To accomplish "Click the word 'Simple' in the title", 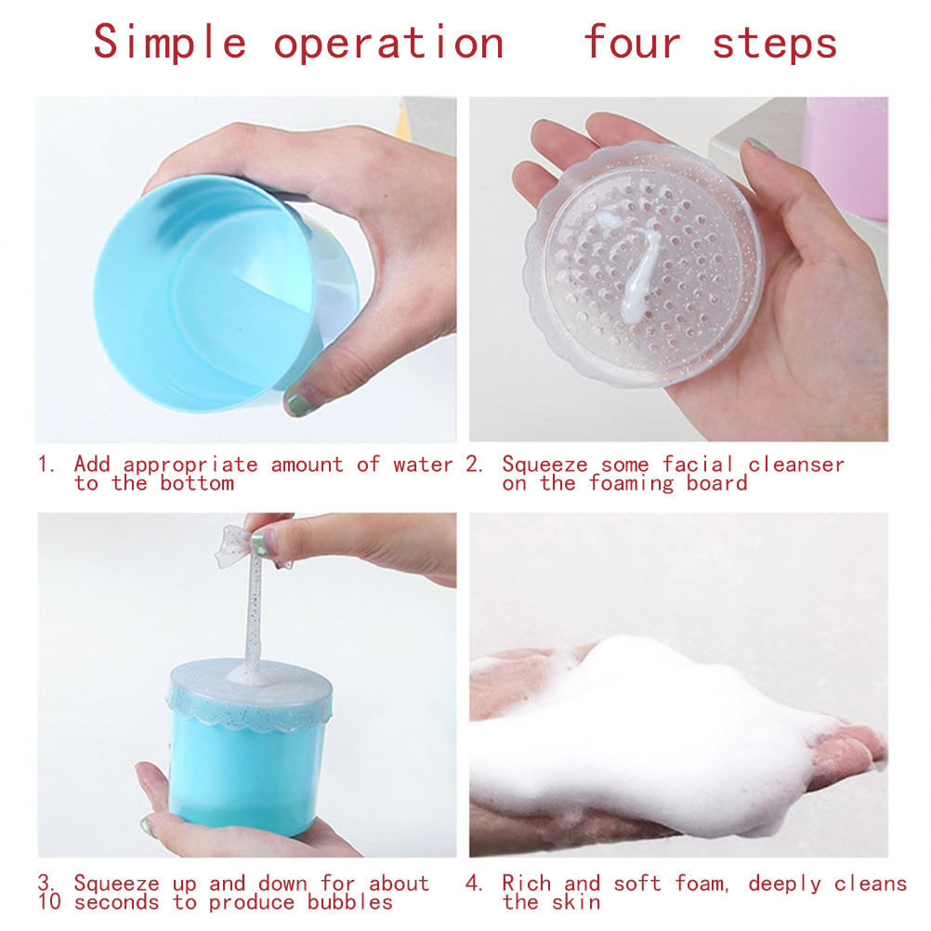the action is coord(170,43).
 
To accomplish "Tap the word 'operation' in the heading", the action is coord(389,44).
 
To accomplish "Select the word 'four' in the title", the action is coord(632,42).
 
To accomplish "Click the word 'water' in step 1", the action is coord(423,465).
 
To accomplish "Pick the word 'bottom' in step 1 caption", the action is coord(197,483).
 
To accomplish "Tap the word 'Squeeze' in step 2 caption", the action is coord(544,465).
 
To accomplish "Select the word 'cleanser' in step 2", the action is coord(795,465).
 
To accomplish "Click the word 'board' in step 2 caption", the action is coord(716,483).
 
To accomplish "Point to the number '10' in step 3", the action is coord(49,902).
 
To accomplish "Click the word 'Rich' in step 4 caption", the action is coord(526,883).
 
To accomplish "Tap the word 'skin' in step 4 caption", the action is coord(576,902).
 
